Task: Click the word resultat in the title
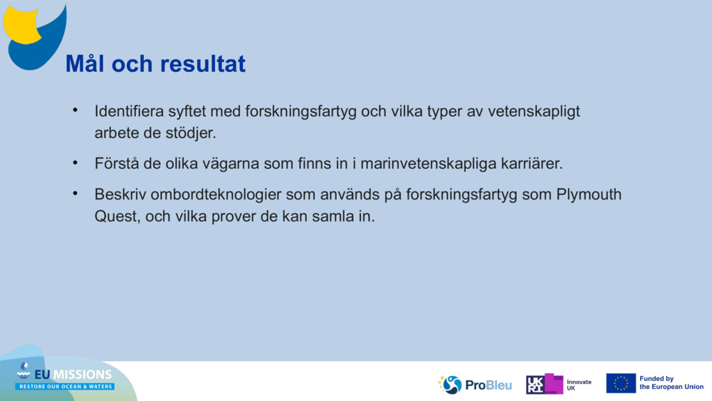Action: tap(203, 64)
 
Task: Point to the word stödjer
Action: tap(191, 133)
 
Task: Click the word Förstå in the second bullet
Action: tap(117, 164)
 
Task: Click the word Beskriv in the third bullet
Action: tap(117, 194)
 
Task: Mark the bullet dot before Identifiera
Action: tap(74, 111)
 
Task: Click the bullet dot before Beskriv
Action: tap(74, 194)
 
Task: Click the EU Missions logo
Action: tap(64, 377)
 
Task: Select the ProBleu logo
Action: tap(476, 385)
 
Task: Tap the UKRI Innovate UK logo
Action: tap(559, 384)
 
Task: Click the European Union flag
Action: tap(621, 383)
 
